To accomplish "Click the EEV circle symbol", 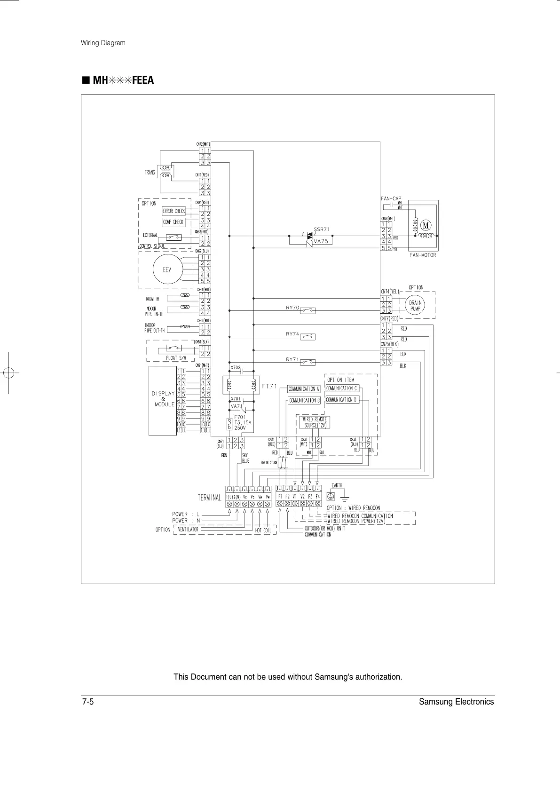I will point(166,269).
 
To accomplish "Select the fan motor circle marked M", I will point(426,225).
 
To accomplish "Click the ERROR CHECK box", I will point(174,211).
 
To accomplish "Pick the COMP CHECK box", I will point(174,222).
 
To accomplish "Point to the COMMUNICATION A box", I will point(304,389).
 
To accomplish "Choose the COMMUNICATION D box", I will point(342,400).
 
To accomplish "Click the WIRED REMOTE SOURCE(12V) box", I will point(315,422).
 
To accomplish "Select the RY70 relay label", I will point(292,308).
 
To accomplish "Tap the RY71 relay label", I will point(292,359).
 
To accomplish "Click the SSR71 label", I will point(322,229).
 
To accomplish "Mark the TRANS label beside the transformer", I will point(150,173).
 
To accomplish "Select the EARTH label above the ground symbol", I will point(337,485).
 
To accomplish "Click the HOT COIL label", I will point(263,530).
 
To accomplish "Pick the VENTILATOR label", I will point(188,529).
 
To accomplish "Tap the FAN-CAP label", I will point(391,198).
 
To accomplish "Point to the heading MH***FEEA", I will point(123,80).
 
